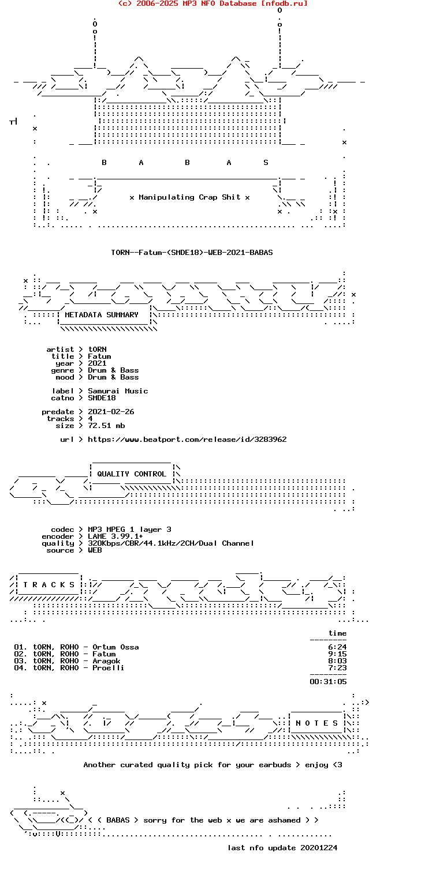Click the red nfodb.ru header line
tap(212, 3)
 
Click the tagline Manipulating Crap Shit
tap(189, 197)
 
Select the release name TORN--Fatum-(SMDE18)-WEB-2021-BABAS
tap(192, 252)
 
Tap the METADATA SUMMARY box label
tap(102, 315)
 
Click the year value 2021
tap(97, 363)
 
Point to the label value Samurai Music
tap(118, 391)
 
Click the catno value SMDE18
tap(102, 398)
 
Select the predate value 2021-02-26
tap(111, 412)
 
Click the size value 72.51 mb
tap(106, 426)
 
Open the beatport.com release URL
tap(187, 440)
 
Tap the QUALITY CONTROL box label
tap(132, 474)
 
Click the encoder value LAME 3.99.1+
tap(115, 536)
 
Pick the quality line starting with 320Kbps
tap(171, 543)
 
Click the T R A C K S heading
tap(49, 584)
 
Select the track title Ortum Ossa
tap(115, 647)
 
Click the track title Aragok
tap(106, 661)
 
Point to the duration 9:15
tap(337, 654)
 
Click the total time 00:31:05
tap(328, 681)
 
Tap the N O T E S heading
tap(316, 723)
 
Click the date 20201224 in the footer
tap(318, 847)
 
